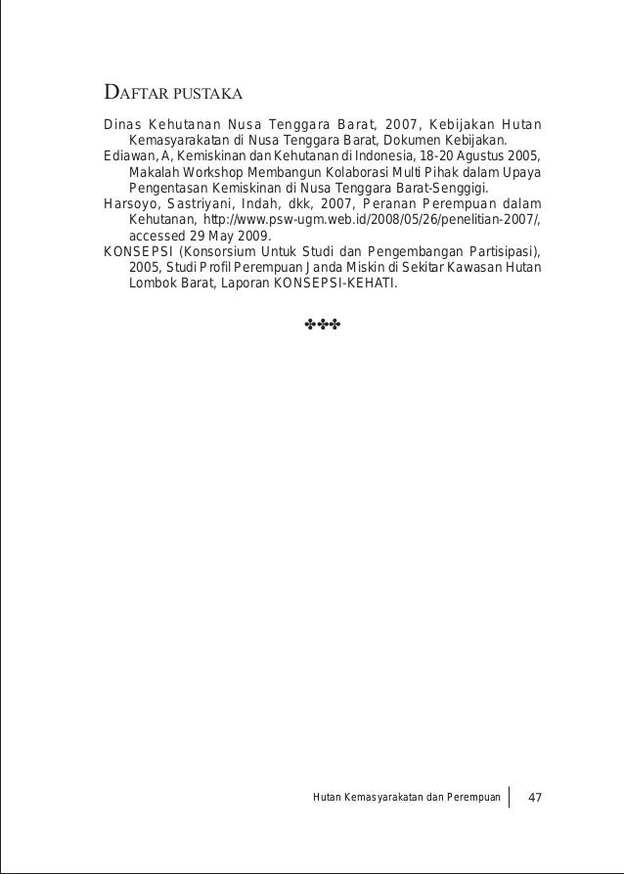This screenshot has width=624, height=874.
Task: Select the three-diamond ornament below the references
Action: click(x=321, y=324)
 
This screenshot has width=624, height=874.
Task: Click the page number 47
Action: click(x=535, y=799)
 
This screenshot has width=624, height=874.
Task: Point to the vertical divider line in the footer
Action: click(x=511, y=798)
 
